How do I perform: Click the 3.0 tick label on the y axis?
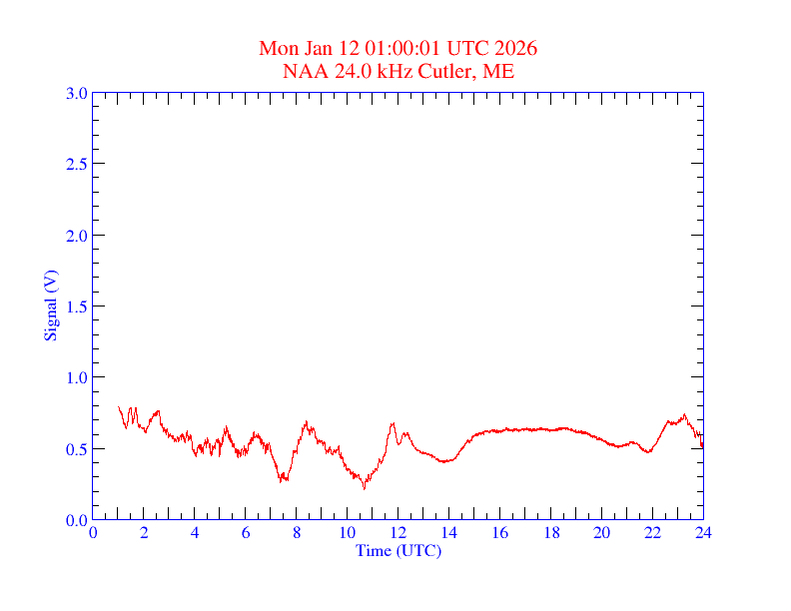click(x=76, y=93)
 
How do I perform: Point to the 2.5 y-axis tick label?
click(x=76, y=164)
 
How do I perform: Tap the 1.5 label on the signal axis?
click(x=76, y=306)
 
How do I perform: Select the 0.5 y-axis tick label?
click(x=76, y=449)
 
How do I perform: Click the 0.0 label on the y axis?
click(x=76, y=520)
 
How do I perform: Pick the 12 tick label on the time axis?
click(x=398, y=533)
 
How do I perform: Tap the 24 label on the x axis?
click(x=703, y=533)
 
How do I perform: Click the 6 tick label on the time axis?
click(x=246, y=533)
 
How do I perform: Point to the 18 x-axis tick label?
click(x=550, y=533)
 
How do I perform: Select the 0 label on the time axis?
click(x=93, y=533)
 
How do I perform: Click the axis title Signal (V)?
click(x=50, y=305)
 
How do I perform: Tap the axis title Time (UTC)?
click(x=397, y=550)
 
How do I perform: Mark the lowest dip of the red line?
click(x=365, y=488)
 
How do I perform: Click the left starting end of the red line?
click(x=119, y=407)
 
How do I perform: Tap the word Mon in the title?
click(x=279, y=49)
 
